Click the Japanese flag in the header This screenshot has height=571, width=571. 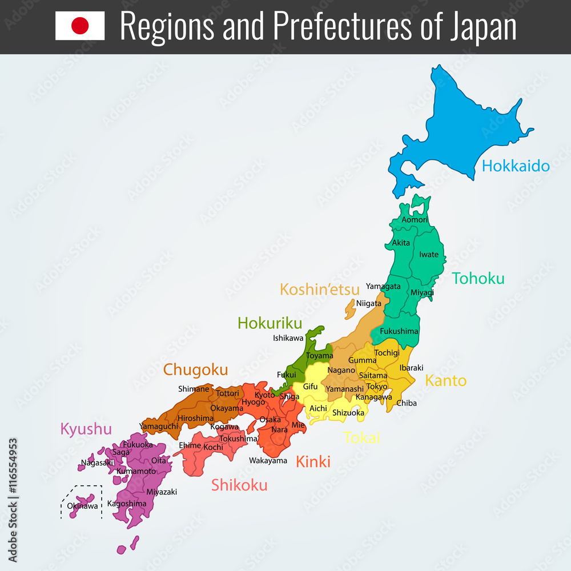80,26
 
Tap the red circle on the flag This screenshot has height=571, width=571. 80,26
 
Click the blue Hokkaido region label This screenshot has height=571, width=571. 516,166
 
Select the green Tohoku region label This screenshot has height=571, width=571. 478,279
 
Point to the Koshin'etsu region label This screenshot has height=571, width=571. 320,289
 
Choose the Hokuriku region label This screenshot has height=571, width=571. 270,323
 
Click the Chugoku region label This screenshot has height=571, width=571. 195,370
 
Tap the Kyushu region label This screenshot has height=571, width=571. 86,429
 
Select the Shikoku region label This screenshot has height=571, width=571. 239,485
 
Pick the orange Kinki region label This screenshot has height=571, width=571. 313,461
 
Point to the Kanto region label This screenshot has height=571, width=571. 445,380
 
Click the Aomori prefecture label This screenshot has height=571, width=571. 415,220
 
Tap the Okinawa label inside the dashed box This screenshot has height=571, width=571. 82,506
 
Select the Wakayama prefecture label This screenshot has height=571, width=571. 268,460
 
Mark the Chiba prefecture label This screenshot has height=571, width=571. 407,403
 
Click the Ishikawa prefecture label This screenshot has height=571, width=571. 288,338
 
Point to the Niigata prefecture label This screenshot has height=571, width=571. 368,303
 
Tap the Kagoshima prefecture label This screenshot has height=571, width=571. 127,504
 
